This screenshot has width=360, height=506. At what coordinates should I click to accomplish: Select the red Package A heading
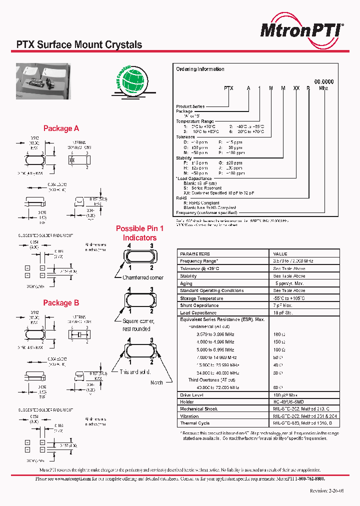point(61,128)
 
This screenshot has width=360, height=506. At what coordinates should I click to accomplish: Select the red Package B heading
point(61,303)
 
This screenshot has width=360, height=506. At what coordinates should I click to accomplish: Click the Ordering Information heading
point(200,69)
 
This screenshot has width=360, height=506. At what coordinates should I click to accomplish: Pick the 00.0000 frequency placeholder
point(323,81)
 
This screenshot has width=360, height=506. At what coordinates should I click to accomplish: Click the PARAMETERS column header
point(195,254)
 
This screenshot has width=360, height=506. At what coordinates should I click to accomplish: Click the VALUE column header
point(280,254)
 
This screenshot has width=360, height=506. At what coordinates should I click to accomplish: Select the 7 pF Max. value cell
point(282,305)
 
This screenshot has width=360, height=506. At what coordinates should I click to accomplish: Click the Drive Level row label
point(192,394)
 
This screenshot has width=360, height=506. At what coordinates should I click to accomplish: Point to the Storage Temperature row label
point(201,298)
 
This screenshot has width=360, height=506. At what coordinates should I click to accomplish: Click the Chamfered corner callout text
point(143,277)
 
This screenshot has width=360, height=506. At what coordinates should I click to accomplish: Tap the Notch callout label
point(156,382)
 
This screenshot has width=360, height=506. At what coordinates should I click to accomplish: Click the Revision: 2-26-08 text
point(326,491)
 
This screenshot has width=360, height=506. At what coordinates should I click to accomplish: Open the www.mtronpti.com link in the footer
point(70,478)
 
